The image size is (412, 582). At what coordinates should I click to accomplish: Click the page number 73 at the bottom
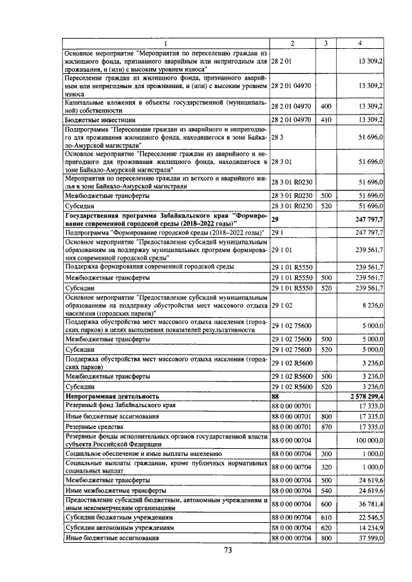[x=227, y=549]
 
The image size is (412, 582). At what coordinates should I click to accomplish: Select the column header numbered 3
[x=326, y=43]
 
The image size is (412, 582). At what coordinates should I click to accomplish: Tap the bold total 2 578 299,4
[x=365, y=397]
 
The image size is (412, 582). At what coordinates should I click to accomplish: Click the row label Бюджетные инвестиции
[x=93, y=120]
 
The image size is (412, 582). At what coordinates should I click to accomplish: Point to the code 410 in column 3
[x=326, y=120]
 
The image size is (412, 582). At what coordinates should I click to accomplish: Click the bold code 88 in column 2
[x=276, y=397]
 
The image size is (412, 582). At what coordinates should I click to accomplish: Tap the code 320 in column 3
[x=326, y=466]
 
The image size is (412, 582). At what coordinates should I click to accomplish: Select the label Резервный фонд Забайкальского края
[x=115, y=405]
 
